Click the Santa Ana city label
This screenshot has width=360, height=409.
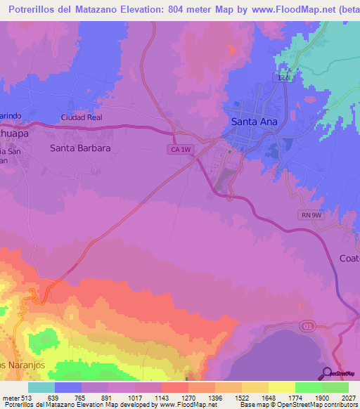(x=254, y=122)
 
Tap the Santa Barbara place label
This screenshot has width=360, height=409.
(x=80, y=148)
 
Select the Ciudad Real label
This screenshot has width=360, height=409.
(x=82, y=117)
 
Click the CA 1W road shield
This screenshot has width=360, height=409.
(x=179, y=150)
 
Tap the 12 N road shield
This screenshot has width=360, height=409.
(x=283, y=78)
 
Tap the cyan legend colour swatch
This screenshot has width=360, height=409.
(x=41, y=387)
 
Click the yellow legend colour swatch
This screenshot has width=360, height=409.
(x=281, y=387)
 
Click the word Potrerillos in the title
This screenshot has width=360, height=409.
(x=34, y=9)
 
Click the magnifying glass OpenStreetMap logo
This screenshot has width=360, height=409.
(x=326, y=372)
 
